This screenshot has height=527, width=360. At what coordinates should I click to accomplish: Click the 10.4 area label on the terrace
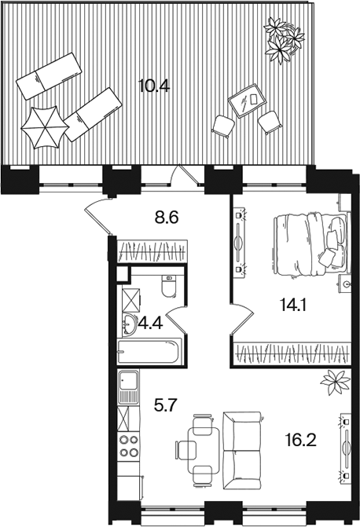coord(154,86)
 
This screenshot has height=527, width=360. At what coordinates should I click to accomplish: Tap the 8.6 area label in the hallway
coord(166,218)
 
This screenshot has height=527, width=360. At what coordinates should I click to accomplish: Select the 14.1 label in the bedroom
coord(292,306)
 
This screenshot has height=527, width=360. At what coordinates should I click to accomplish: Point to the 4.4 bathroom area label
coord(150,324)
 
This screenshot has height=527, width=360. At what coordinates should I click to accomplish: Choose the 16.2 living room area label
coord(300,440)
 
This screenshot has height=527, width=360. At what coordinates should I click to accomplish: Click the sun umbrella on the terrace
coord(45,127)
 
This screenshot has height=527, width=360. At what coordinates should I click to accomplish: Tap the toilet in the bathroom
coord(169,287)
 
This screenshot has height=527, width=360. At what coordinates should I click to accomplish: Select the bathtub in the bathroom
coord(149,352)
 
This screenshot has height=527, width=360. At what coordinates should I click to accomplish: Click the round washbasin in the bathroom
coord(129,324)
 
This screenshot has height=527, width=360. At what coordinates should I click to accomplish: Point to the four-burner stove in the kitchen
coord(129,445)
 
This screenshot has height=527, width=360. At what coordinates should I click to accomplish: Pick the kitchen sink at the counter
coord(128,387)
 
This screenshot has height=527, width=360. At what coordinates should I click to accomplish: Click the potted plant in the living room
coord(335,382)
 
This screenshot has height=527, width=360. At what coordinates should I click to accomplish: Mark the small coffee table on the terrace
coord(248,101)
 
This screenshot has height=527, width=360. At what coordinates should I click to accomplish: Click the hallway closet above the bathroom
coord(152,251)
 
